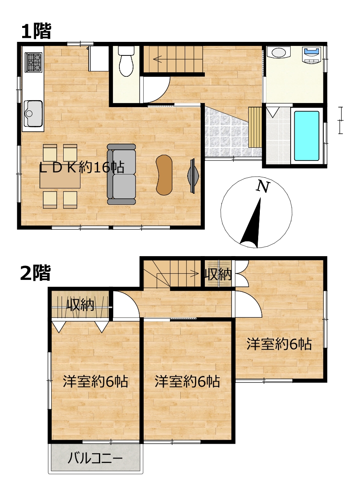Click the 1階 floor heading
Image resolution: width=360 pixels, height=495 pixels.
tap(36, 31)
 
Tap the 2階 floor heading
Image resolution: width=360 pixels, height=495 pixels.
tap(36, 273)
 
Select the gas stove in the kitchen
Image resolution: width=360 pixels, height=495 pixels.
tap(34, 62)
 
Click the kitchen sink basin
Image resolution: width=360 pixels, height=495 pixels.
tap(33, 114)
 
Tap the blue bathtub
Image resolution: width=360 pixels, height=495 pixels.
tap(306, 136)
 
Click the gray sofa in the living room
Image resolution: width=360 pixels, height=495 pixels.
tap(122, 174)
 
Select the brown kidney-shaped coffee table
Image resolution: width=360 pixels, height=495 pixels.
tap(164, 175)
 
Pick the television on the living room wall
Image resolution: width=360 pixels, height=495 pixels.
tap(193, 176)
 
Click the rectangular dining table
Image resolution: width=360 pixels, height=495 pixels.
tap(60, 179)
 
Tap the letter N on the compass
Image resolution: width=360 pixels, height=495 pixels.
tap(263, 187)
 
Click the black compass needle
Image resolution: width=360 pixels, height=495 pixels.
tap(252, 223)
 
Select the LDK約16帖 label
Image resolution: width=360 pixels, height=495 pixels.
tap(82, 167)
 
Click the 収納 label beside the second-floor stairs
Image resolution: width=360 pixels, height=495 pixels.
tap(218, 275)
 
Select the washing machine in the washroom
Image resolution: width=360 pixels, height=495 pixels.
tap(312, 55)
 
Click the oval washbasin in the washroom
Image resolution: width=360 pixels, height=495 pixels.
tap(278, 52)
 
